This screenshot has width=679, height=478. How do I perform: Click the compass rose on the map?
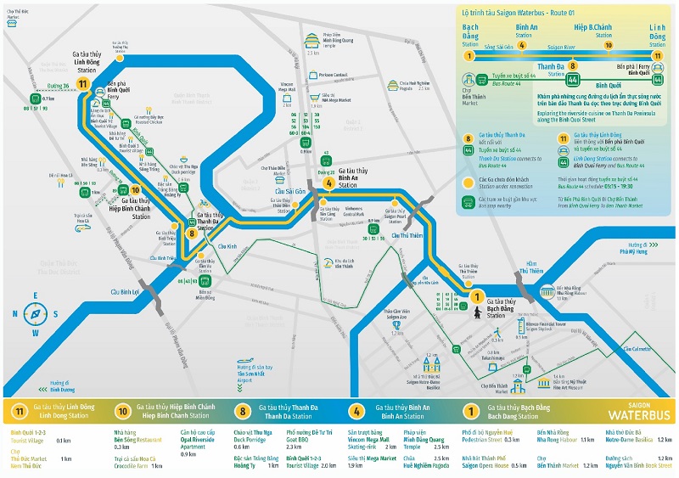tap(35, 313)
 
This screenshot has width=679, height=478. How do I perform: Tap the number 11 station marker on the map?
tap(82, 84)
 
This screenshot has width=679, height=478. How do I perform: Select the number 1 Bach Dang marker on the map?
tap(477, 297)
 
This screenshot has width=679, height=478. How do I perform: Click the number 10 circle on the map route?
tap(135, 190)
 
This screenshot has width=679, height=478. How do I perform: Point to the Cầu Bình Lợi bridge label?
tap(125, 291)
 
